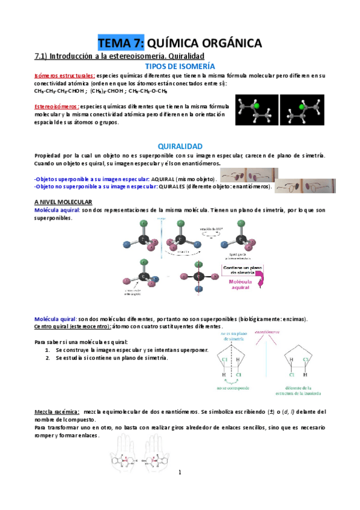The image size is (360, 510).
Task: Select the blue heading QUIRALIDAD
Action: coord(180,146)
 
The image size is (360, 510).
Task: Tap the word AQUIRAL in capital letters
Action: coord(162,179)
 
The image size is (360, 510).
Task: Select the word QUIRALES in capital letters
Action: coord(172,186)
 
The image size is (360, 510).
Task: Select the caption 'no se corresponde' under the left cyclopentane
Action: coord(234,389)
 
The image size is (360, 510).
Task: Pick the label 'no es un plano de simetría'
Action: coord(234,336)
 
